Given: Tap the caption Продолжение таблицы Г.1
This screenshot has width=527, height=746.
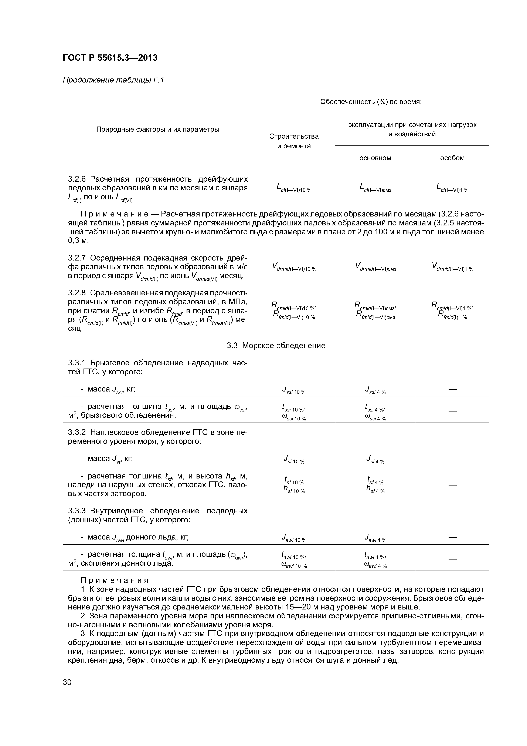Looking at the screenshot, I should pyautogui.click(x=113, y=80).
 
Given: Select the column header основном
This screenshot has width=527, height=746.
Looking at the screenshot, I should pyautogui.click(x=375, y=158).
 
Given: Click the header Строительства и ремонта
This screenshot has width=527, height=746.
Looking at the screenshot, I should pyautogui.click(x=294, y=141).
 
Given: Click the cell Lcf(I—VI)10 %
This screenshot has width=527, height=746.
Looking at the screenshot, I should pyautogui.click(x=294, y=188).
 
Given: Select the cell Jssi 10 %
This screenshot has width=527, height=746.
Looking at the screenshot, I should pyautogui.click(x=294, y=390).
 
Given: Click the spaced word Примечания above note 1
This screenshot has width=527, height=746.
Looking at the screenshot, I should pyautogui.click(x=115, y=580).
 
